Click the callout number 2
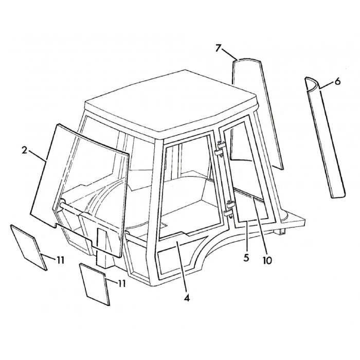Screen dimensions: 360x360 (25, 151)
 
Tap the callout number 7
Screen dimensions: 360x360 (219, 48)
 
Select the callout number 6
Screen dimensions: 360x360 (337, 81)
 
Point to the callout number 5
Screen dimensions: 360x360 (246, 258)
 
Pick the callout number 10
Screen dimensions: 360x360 (267, 260)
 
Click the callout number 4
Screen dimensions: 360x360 (187, 298)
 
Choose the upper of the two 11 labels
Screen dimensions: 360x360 (60, 260)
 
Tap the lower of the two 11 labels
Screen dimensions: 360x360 (122, 283)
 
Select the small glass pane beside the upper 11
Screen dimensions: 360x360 (29, 247)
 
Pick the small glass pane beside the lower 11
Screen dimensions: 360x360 (94, 284)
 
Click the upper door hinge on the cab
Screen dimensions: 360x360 (220, 149)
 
